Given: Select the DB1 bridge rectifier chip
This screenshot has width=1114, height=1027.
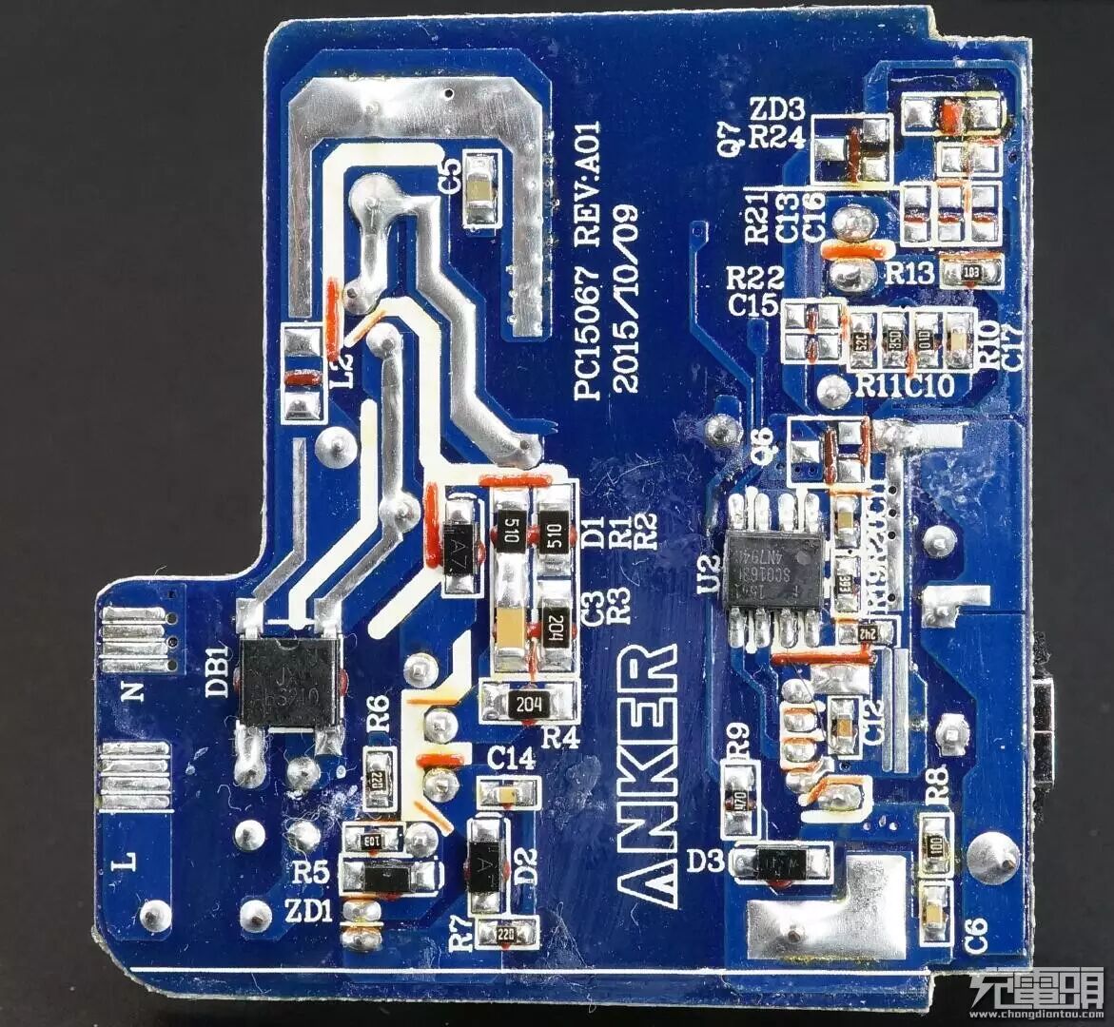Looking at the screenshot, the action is (288, 682).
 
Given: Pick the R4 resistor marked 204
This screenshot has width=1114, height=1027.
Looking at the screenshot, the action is (528, 704).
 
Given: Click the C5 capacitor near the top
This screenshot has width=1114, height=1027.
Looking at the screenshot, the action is (482, 190).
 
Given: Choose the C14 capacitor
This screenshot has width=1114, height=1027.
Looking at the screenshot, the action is (509, 792).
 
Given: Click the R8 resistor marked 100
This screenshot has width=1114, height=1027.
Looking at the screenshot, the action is (937, 843).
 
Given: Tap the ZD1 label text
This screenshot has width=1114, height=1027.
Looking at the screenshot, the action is (308, 912).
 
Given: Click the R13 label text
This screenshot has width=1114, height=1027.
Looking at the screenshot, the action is (910, 274).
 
